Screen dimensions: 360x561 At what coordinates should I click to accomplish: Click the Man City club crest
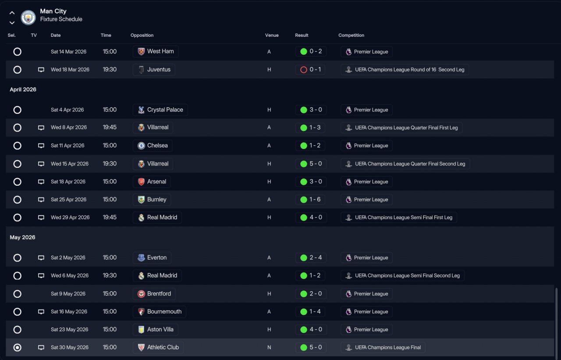point(28,17)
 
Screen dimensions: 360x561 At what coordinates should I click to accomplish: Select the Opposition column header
point(142,35)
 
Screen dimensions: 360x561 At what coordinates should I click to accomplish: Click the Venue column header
point(272,35)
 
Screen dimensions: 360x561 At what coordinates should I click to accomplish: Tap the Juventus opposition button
point(154,70)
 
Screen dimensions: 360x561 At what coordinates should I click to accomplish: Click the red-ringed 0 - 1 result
point(310,70)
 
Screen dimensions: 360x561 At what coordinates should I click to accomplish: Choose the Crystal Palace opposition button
point(160,110)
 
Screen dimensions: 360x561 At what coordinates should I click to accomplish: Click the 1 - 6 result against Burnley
point(310,200)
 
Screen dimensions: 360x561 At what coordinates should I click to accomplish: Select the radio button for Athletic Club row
point(17,347)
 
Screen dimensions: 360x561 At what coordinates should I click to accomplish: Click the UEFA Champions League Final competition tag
point(383,347)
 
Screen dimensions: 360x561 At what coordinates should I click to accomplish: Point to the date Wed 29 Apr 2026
point(70,218)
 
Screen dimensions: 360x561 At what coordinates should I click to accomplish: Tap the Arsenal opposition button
point(152,182)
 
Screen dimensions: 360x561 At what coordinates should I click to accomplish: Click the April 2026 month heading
point(23,90)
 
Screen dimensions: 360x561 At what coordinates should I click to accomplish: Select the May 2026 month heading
point(22,237)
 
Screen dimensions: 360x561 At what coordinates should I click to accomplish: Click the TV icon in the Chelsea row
point(41,146)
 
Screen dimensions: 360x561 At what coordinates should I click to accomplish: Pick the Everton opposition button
point(152,258)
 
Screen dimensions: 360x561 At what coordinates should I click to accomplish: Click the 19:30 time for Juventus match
point(110,70)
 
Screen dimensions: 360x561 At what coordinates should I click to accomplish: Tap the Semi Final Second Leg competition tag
point(402,275)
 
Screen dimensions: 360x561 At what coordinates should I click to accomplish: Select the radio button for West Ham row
point(17,52)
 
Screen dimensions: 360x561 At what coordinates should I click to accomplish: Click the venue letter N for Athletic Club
point(269,347)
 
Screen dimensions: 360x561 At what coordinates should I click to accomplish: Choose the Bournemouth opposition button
point(160,312)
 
